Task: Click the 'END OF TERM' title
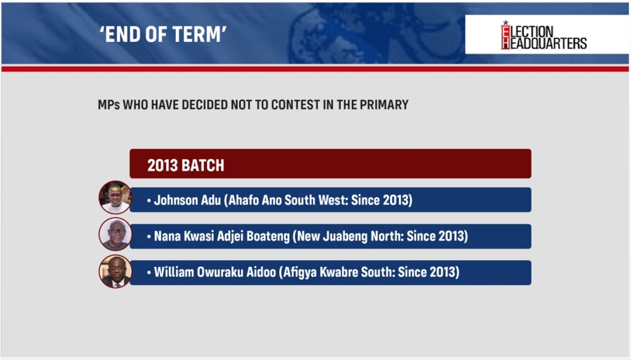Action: coord(163,35)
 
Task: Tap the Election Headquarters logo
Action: coord(543,36)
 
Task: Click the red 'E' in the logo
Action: coord(505,31)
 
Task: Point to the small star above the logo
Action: coord(505,22)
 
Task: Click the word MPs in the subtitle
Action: coord(108,105)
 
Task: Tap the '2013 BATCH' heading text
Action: coord(185,165)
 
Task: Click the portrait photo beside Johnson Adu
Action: coord(115,197)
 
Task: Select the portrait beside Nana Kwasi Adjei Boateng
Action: coord(115,234)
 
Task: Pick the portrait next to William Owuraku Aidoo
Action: coord(115,271)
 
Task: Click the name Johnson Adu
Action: coord(187,200)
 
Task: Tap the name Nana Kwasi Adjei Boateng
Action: coord(222,236)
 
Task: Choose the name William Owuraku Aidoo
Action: coord(215,272)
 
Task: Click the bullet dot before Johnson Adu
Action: coord(149,200)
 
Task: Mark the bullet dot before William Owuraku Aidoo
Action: coord(149,272)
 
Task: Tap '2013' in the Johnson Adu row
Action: coord(396,200)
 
